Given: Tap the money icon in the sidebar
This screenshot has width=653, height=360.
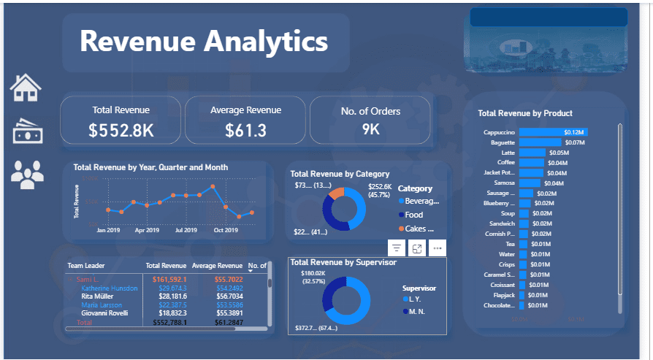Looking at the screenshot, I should (27, 131).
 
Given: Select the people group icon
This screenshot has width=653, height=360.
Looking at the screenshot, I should (27, 174).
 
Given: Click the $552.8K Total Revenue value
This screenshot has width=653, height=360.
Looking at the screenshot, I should (121, 131).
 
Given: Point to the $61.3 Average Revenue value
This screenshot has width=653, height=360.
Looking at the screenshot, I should (245, 131).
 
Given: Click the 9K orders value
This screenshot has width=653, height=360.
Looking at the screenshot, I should (370, 131).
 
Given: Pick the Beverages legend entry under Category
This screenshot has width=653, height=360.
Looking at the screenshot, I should (422, 201).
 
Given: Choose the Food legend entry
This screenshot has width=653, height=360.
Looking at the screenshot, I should (413, 215).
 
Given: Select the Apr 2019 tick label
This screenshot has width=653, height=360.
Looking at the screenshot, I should (147, 230).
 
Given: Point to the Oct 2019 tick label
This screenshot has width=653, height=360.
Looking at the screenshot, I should (226, 230).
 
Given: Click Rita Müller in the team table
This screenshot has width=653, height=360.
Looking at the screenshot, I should (98, 296).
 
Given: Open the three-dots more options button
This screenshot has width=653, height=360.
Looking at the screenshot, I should (438, 248).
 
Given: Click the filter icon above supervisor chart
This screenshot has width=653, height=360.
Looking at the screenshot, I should (397, 248).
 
